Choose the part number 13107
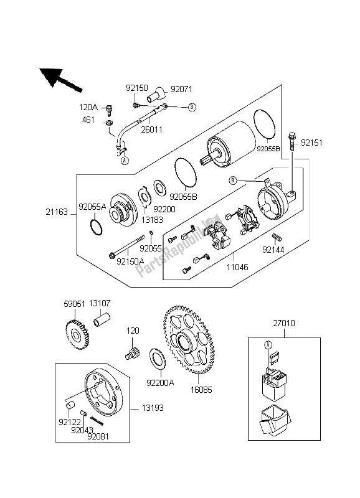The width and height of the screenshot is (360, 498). click(100, 304)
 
